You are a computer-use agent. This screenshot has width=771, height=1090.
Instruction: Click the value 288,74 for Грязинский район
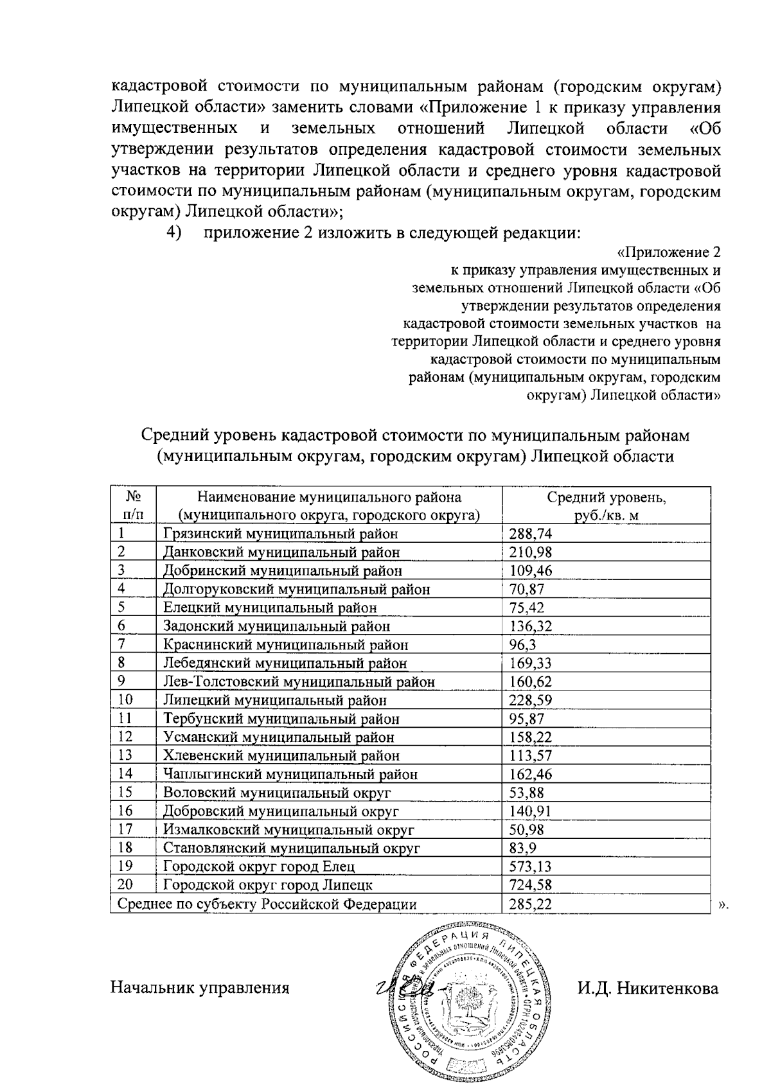pyautogui.click(x=531, y=534)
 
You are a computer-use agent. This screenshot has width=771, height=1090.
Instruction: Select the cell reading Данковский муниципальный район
pyautogui.click(x=281, y=552)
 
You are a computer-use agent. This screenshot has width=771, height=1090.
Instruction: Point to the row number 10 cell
pyautogui.click(x=126, y=700)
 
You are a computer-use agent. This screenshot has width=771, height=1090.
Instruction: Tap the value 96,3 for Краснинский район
pyautogui.click(x=522, y=645)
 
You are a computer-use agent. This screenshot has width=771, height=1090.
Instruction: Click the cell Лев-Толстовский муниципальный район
pyautogui.click(x=299, y=682)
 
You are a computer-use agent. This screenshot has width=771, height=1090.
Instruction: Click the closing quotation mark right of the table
pyautogui.click(x=723, y=906)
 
